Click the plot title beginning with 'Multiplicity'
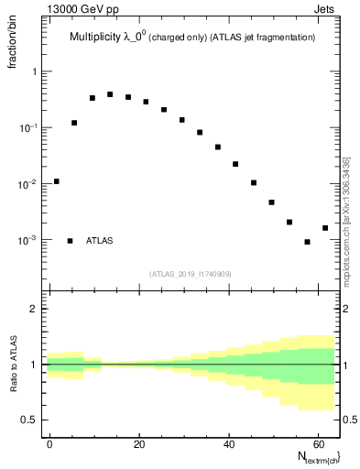pos(192,37)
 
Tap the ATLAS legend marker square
pos(70,241)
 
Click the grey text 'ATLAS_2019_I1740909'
pos(191,274)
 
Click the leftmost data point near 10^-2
pos(56,181)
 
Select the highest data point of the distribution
pos(110,94)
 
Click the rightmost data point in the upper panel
pos(325,228)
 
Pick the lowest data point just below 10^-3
pos(308,242)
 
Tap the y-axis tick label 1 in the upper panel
pos(34,71)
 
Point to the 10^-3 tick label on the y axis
pos(29,240)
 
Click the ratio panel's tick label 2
pos(34,309)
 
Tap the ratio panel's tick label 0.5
pos(30,420)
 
